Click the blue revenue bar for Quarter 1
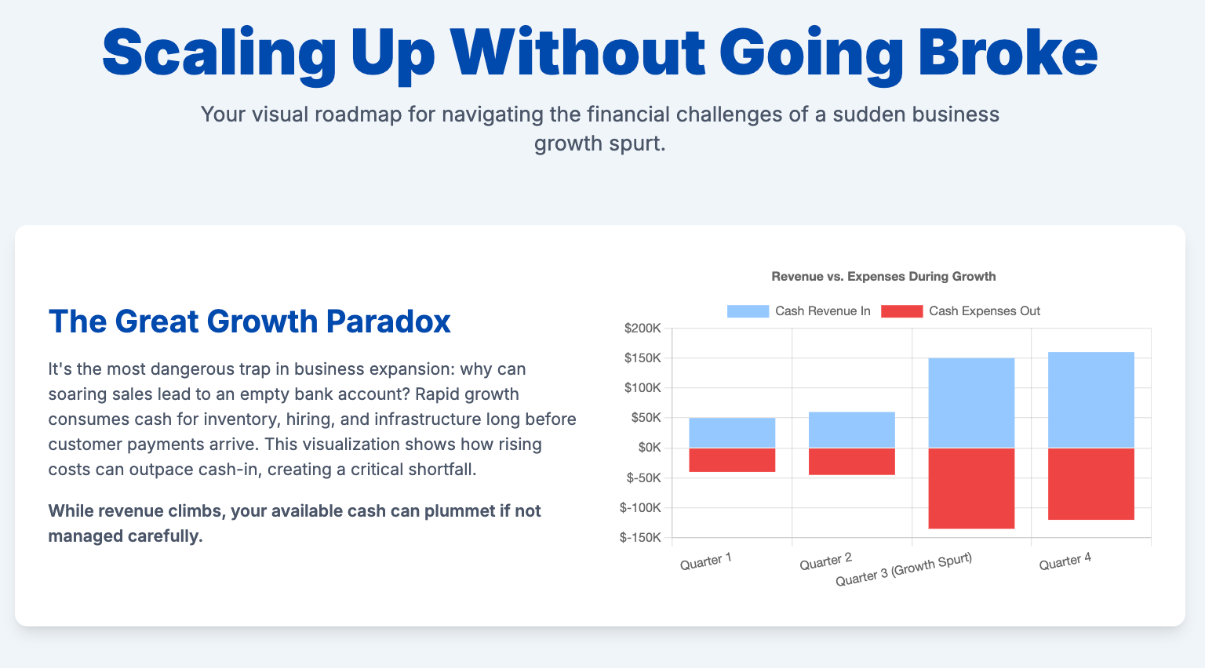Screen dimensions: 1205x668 [x=732, y=433]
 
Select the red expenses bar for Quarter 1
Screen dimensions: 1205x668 [x=732, y=460]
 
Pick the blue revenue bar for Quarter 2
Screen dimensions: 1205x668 [x=851, y=430]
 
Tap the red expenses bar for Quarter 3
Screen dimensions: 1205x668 [x=971, y=488]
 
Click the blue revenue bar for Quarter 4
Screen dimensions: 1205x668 [x=1091, y=400]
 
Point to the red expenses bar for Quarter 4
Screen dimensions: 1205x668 [x=1091, y=484]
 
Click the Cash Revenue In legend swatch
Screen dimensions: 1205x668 [x=748, y=311]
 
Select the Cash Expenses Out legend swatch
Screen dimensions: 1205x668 [x=901, y=311]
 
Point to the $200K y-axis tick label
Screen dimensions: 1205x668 [x=643, y=328]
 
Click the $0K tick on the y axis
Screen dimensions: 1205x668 [x=650, y=448]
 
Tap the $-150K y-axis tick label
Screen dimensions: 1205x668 [x=640, y=537]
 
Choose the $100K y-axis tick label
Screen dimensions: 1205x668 [x=643, y=388]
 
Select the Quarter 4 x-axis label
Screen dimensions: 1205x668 [x=1065, y=561]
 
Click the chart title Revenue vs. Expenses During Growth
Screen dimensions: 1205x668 [x=883, y=277]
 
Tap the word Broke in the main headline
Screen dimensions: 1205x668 [x=1008, y=53]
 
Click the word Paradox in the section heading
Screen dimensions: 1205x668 [x=388, y=321]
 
